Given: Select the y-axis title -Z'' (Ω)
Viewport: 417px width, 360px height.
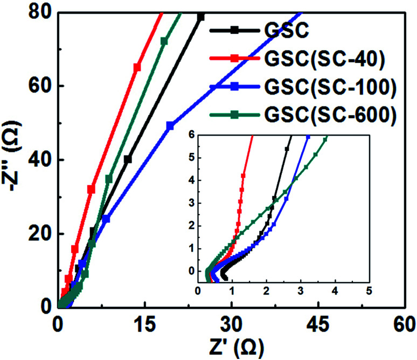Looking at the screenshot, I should (x=12, y=160).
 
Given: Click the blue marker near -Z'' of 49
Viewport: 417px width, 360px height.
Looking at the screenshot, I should (x=170, y=125).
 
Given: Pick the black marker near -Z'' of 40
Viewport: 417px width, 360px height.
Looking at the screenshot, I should (x=128, y=159).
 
